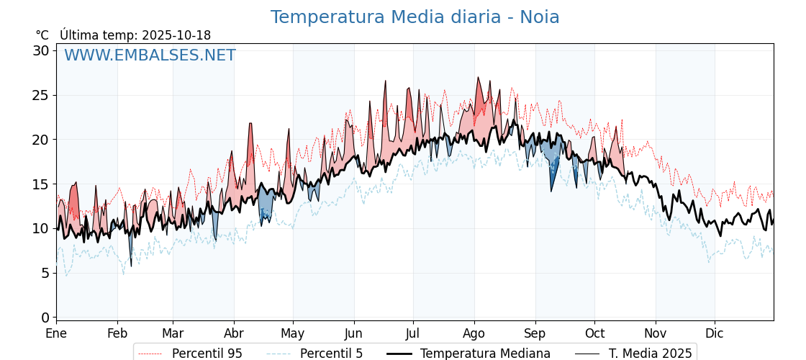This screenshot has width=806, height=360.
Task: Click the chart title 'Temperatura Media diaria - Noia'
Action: [415, 17]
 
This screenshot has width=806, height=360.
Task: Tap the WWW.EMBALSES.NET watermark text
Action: [150, 55]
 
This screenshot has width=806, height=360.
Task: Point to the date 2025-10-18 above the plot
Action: [176, 35]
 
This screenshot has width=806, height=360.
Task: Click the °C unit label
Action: [42, 35]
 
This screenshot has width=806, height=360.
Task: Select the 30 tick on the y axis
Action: [41, 50]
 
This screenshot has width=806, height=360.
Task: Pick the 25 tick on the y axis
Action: [41, 95]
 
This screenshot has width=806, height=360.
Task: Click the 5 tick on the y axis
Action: [45, 273]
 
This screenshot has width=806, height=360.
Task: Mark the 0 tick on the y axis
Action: [45, 318]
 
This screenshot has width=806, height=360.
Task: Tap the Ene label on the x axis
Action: [56, 333]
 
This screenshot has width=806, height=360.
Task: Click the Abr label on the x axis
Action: [234, 333]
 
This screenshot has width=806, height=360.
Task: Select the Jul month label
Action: [413, 333]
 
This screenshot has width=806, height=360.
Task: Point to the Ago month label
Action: [474, 333]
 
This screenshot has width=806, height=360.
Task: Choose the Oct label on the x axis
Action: [594, 333]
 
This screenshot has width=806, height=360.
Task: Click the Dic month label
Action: [715, 333]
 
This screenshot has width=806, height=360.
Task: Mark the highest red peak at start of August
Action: [478, 78]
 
